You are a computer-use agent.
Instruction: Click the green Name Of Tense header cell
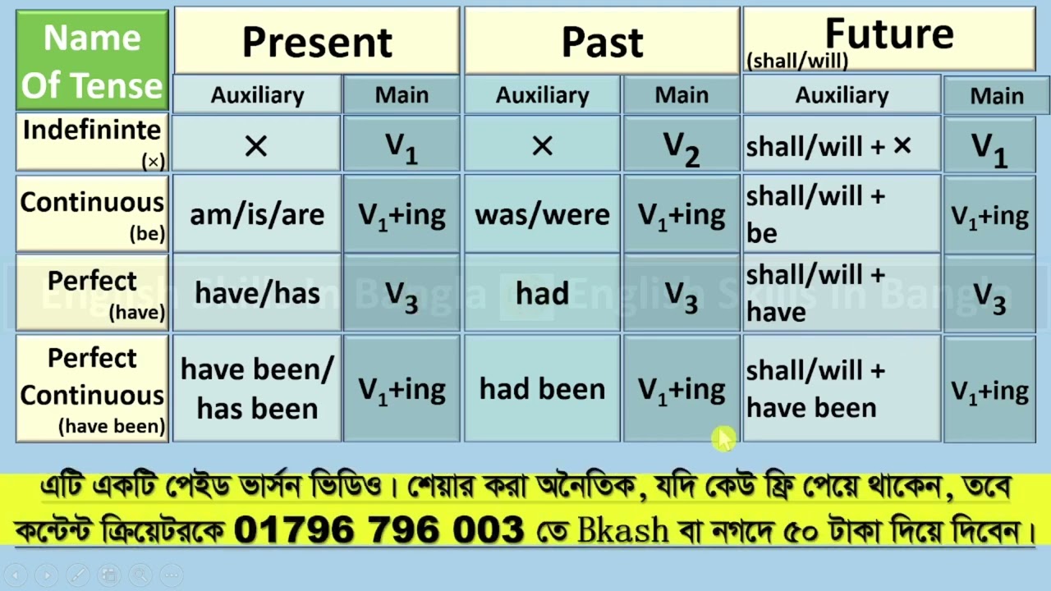[92, 61]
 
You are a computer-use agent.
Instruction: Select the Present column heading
[317, 41]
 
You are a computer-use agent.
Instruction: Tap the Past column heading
[602, 41]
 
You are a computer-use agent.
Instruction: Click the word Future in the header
[889, 34]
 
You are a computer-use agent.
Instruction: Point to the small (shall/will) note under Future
[796, 61]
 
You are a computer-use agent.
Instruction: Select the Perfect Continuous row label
[92, 389]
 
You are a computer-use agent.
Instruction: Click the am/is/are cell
[257, 215]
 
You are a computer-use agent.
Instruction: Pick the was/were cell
[542, 215]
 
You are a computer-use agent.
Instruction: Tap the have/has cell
[257, 293]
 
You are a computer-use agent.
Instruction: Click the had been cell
[542, 389]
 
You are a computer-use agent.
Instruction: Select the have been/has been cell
[257, 389]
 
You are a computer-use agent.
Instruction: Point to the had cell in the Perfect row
[542, 293]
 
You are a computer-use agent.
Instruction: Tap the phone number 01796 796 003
[379, 530]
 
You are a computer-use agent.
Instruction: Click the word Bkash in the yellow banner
[623, 530]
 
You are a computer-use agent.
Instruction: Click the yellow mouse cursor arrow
[723, 439]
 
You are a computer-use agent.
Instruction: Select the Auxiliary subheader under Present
[257, 95]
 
